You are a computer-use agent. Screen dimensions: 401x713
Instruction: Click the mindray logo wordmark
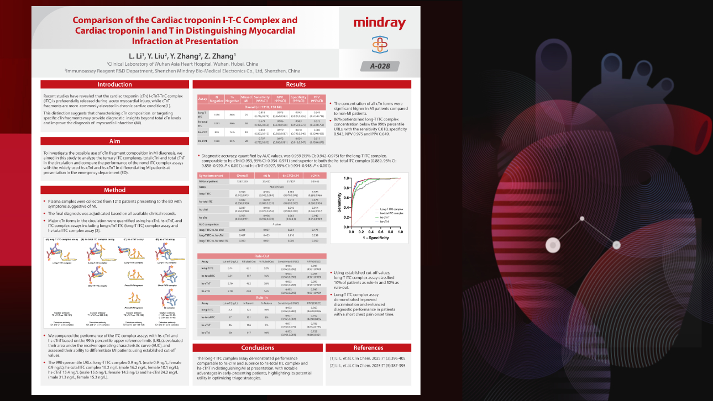click(379, 23)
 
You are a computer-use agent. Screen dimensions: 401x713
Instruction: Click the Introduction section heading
click(115, 85)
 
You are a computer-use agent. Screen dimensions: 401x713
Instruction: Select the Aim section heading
click(115, 141)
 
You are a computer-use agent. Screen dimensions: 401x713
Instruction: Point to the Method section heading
click(115, 190)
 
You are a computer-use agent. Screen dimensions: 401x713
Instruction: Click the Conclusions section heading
click(258, 348)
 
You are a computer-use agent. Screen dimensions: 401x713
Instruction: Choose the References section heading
click(368, 348)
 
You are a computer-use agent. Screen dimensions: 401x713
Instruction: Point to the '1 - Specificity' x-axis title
click(375, 239)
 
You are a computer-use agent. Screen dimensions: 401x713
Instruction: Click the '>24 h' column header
click(315, 175)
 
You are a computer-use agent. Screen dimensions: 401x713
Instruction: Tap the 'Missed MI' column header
click(247, 99)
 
